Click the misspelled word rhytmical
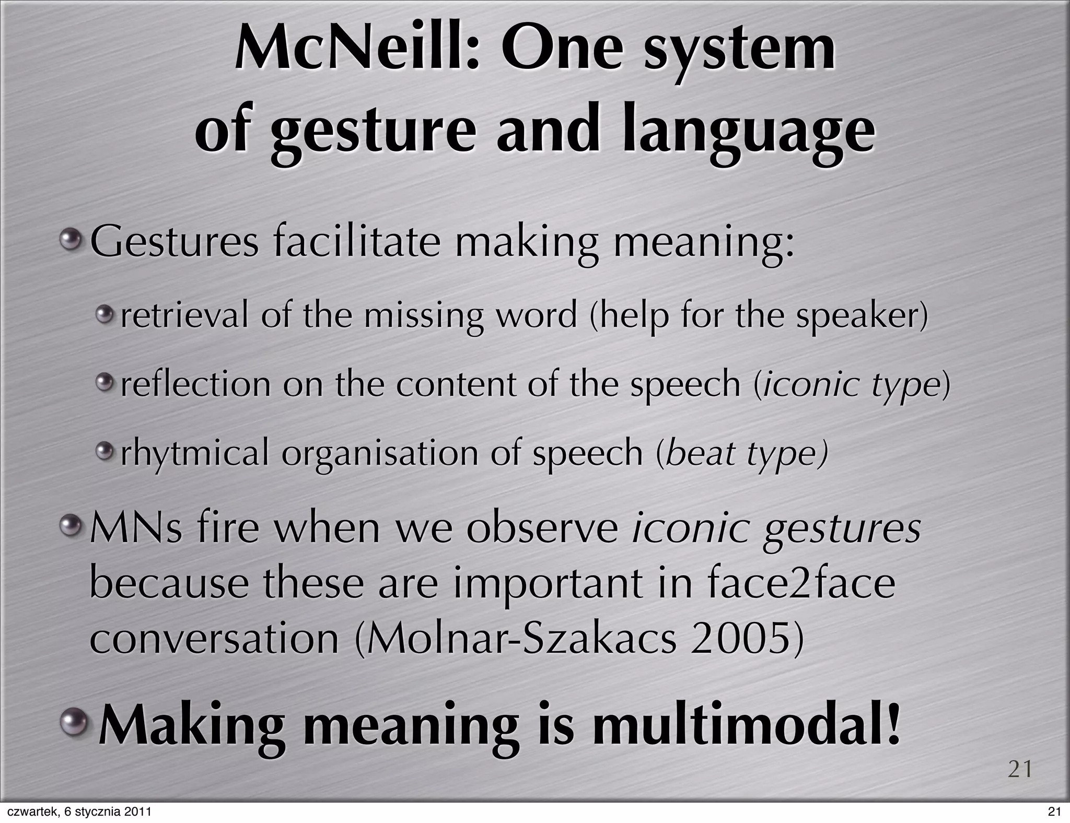coord(194,453)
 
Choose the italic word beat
coord(700,453)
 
